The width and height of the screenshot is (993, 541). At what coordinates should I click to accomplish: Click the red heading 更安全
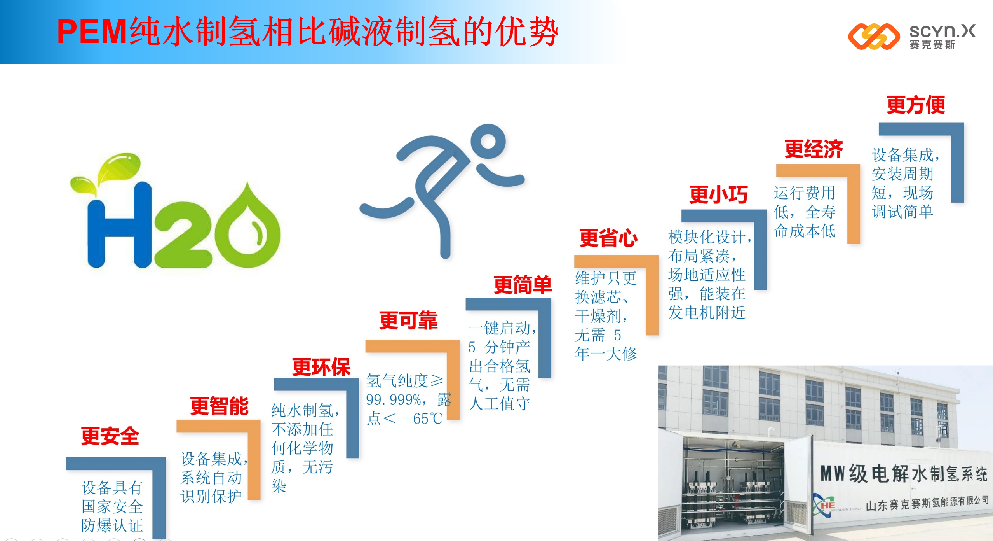click(x=110, y=436)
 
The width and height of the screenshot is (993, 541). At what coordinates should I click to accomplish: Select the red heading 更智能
click(x=219, y=406)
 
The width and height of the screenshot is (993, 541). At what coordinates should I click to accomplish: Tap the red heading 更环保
click(x=321, y=367)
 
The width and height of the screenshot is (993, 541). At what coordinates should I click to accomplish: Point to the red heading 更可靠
click(x=408, y=320)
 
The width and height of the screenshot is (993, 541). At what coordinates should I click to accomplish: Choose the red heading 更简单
click(x=523, y=285)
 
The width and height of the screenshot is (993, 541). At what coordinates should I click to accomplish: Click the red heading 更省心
click(x=608, y=238)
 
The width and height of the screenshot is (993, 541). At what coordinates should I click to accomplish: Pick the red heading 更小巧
click(x=718, y=194)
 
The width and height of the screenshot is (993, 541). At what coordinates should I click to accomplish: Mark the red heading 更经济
click(x=814, y=149)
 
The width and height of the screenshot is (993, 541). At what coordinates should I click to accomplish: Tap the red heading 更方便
click(x=916, y=105)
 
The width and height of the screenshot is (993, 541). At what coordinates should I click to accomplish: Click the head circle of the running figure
click(x=488, y=141)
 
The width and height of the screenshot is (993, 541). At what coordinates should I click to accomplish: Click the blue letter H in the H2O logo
click(x=119, y=225)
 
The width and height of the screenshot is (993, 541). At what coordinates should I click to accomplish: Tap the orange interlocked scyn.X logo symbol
click(x=874, y=37)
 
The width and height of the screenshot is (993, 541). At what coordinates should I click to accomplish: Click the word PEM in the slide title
click(x=92, y=32)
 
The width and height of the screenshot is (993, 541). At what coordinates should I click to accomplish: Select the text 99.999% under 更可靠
click(x=394, y=399)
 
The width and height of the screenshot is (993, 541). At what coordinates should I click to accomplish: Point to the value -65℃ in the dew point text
click(x=424, y=419)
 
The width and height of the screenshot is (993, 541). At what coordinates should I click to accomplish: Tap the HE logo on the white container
click(x=824, y=505)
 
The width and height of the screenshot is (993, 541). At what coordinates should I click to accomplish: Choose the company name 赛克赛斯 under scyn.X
click(x=932, y=45)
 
